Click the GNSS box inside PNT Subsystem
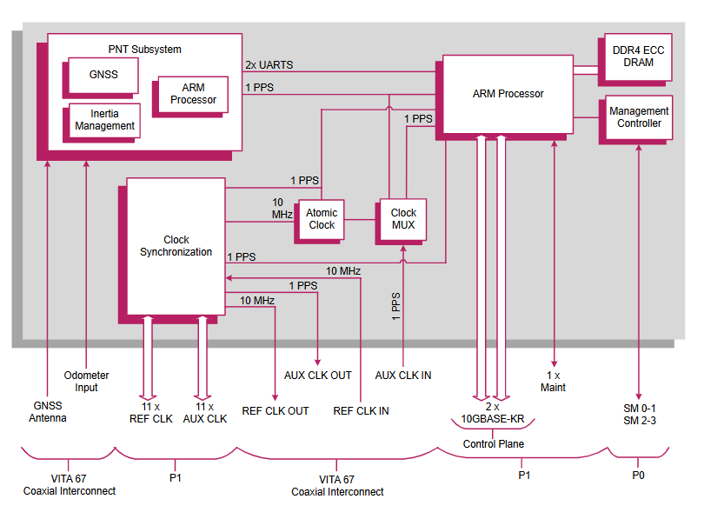[x=103, y=76]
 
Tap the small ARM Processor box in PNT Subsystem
[x=193, y=94]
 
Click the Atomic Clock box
[x=322, y=219]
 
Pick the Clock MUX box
[x=403, y=219]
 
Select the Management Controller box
[x=639, y=117]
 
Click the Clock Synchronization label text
[x=176, y=246]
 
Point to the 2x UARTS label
[x=269, y=65]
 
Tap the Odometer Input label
[x=87, y=382]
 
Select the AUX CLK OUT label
[x=318, y=376]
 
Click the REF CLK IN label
[x=361, y=411]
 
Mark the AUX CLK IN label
[x=403, y=376]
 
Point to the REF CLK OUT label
[x=276, y=411]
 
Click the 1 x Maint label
[x=553, y=382]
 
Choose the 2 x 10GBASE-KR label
[x=492, y=412]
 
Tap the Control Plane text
[x=492, y=444]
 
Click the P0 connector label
[x=639, y=476]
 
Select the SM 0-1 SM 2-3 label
[x=639, y=415]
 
